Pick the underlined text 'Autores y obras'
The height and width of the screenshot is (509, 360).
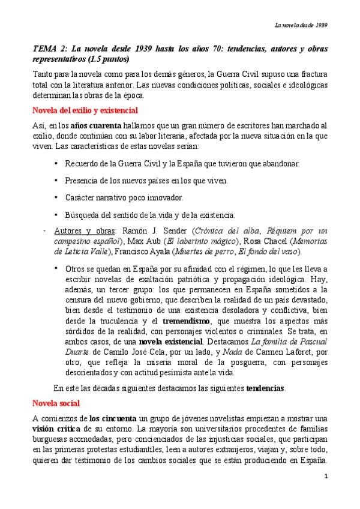pos(83,230)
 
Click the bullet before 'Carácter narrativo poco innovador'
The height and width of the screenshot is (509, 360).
pos(56,197)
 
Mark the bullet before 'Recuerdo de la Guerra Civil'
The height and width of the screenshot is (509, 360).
pos(56,163)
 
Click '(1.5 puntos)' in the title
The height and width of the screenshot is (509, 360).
pos(109,60)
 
